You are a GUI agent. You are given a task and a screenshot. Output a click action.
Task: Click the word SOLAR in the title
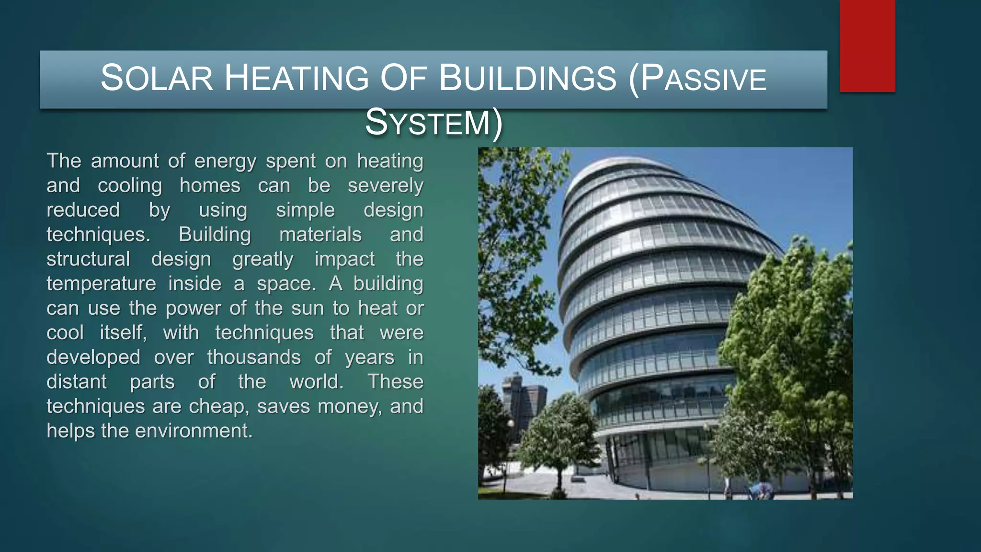(156, 78)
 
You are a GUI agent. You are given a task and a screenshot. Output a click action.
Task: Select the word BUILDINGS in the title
(527, 78)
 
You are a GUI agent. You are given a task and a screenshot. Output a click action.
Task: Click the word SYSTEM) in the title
(434, 123)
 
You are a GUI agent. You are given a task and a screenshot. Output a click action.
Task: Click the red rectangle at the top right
(867, 46)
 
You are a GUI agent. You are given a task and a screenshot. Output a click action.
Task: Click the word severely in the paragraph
(385, 186)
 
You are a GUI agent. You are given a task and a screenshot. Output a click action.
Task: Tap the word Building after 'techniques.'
(215, 235)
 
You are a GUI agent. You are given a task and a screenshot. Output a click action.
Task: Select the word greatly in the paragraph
(262, 260)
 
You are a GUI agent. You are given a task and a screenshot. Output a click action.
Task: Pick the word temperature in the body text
(101, 284)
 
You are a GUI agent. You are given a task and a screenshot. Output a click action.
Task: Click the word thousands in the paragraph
(254, 357)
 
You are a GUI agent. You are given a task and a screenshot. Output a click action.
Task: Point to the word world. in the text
(317, 382)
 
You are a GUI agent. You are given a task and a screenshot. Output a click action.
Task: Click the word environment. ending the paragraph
(194, 431)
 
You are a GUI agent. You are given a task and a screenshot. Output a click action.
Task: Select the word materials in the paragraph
(320, 235)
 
